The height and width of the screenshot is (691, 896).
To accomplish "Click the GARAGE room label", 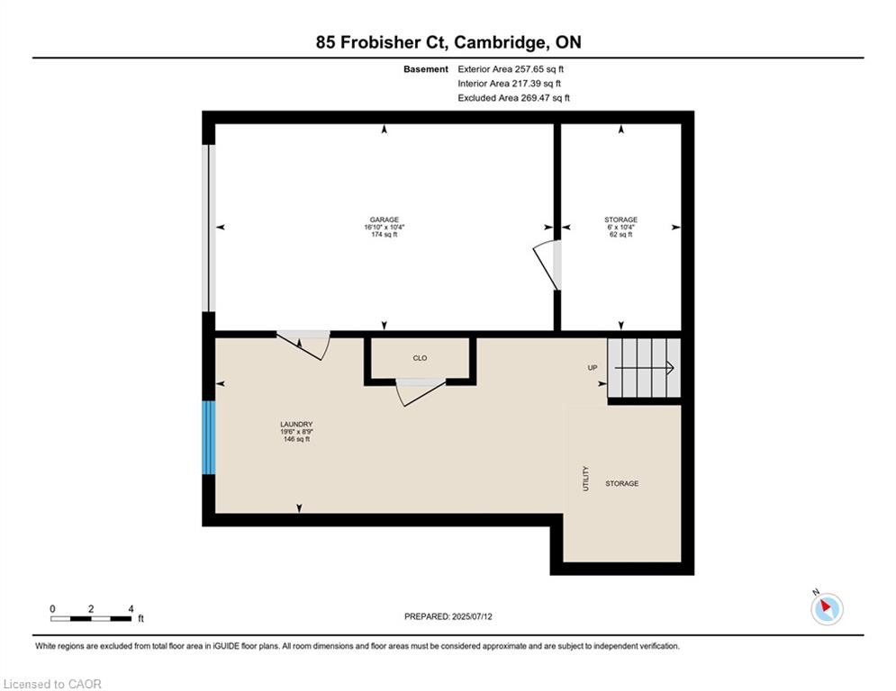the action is (384, 220).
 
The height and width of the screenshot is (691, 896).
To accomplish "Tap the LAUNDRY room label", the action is (296, 425).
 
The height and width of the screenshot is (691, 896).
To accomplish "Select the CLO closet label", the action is (420, 358).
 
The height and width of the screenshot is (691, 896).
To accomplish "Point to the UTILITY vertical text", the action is (585, 479).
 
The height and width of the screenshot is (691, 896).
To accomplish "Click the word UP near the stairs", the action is (593, 368).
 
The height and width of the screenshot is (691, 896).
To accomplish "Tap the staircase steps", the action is (644, 368).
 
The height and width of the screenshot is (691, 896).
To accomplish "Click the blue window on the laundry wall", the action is (209, 437).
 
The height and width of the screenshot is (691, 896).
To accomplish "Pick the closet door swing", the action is (421, 392).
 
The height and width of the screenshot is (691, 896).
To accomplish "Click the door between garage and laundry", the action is (303, 345).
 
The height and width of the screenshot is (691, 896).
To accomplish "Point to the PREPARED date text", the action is (448, 616).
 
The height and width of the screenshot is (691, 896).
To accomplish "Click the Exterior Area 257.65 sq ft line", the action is (511, 69).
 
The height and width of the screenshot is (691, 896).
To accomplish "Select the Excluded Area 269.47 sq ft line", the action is (513, 98).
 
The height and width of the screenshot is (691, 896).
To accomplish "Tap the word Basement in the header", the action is (426, 69).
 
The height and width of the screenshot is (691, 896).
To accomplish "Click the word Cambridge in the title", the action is (502, 42).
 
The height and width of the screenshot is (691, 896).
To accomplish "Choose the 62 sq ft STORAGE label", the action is (621, 227).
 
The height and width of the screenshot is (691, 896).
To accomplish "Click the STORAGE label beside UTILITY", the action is (622, 483).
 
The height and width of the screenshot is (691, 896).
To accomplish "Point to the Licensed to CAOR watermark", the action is (52, 684).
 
